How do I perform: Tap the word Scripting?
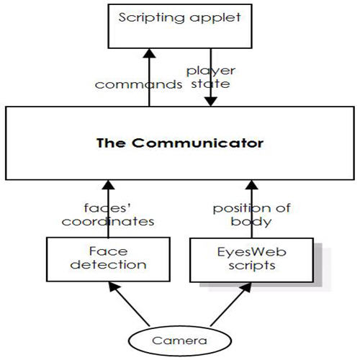(152, 18)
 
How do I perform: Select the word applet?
(215, 18)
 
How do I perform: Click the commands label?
(138, 84)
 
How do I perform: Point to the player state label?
(211, 78)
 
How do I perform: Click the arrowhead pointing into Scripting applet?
(149, 53)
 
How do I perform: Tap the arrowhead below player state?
(211, 102)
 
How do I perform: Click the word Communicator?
(198, 143)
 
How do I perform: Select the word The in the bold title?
(111, 143)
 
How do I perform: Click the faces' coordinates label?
(108, 215)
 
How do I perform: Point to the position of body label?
(251, 215)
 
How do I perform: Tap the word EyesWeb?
(251, 252)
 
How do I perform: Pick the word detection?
(108, 265)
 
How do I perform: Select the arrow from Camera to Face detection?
(129, 304)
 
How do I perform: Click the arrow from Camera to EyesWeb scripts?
(231, 305)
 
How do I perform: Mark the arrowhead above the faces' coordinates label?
(108, 185)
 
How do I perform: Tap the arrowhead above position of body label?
(252, 185)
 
